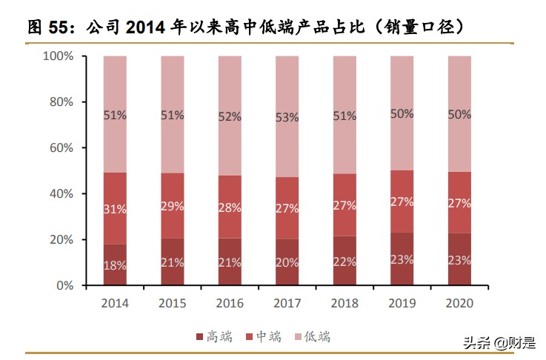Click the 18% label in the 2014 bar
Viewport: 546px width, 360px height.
[x=116, y=265]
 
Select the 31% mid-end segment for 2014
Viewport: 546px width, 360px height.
[x=116, y=209]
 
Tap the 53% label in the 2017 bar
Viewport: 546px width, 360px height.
[x=287, y=117]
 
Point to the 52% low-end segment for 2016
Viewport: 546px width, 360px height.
[x=230, y=117]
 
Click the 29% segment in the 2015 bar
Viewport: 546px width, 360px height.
[x=173, y=206]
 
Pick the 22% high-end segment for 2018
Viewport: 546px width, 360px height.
[x=344, y=261]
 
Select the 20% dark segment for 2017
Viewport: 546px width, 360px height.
[x=287, y=262]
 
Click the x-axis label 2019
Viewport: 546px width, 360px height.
[x=402, y=304]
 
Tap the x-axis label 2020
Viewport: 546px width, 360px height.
[x=459, y=304]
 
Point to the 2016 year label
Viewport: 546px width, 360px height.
[x=230, y=304]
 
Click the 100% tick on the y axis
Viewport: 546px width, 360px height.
[x=58, y=56]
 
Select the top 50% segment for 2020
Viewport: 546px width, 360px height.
[x=459, y=114]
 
